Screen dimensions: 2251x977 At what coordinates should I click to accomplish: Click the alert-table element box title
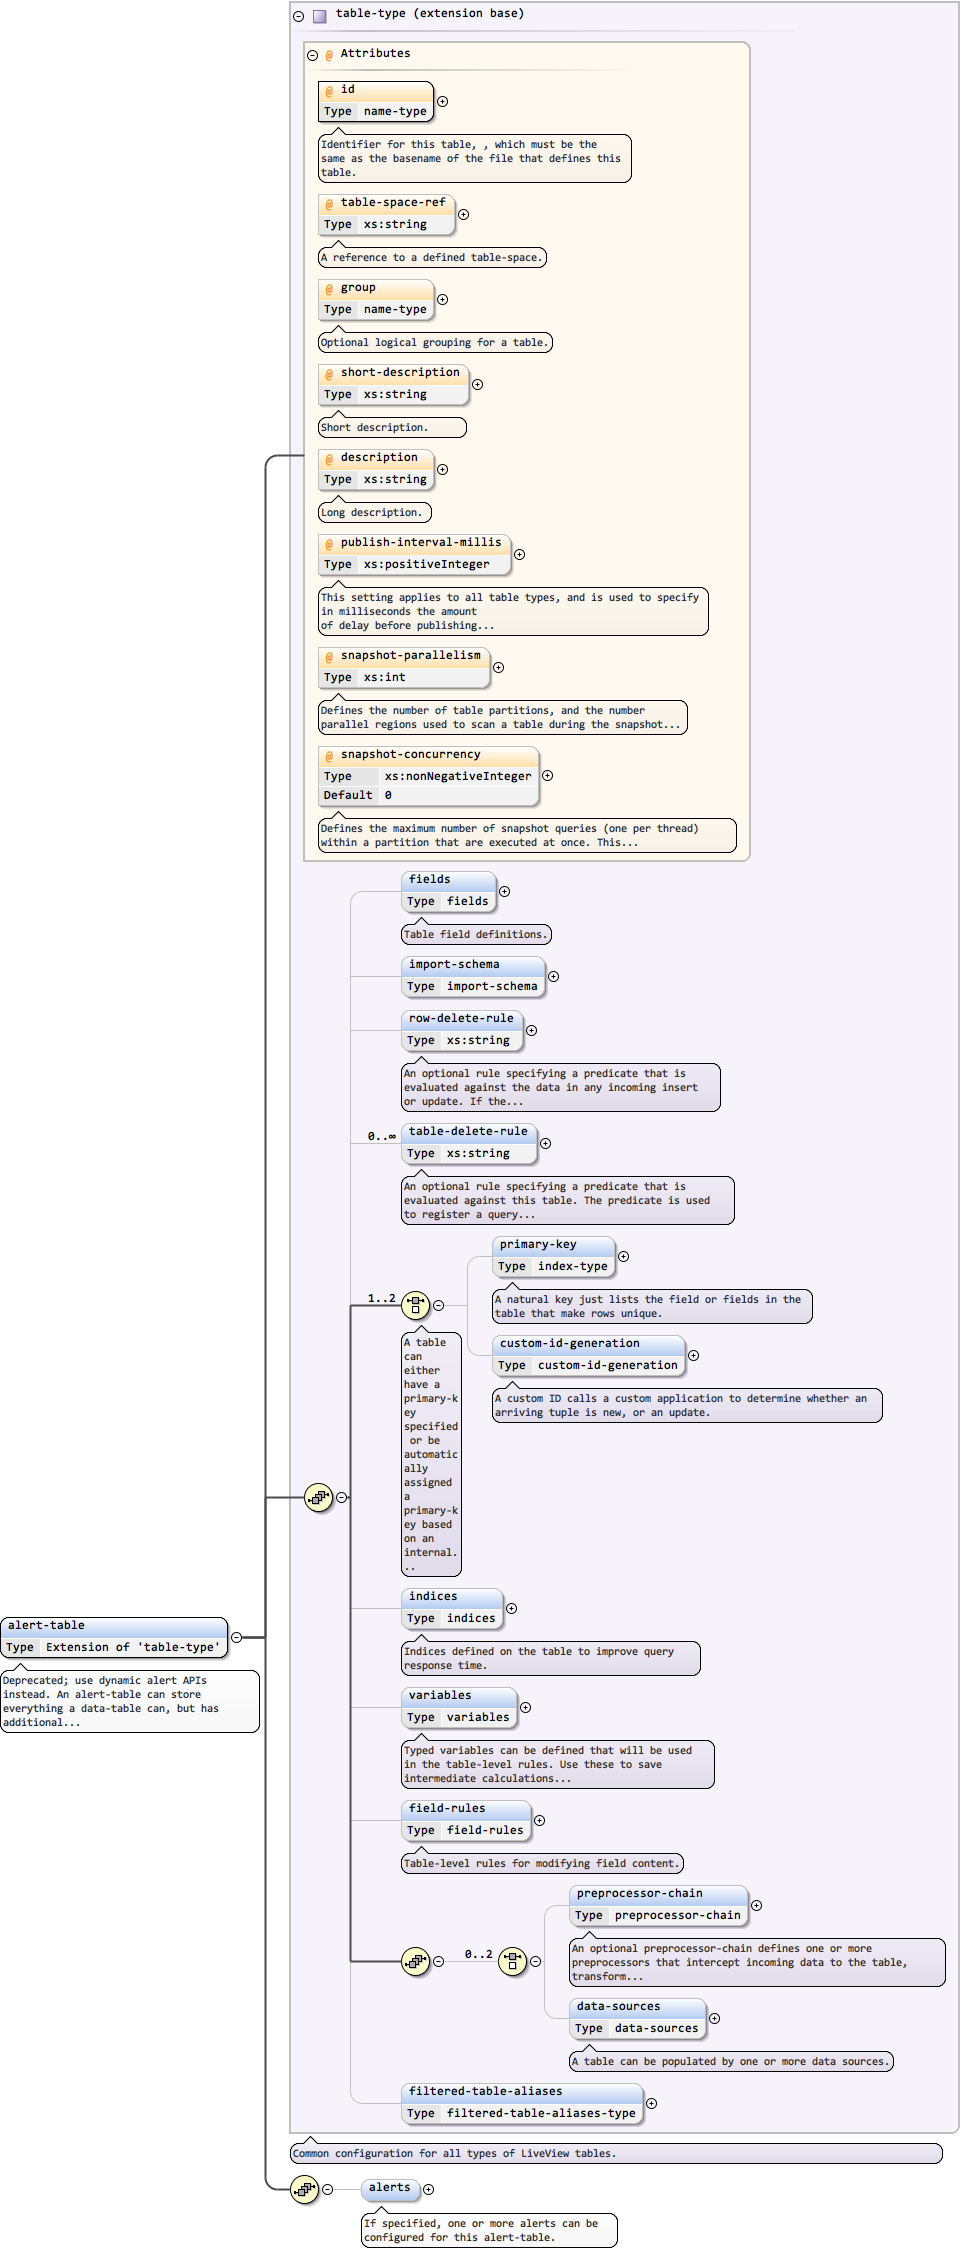coord(47,1625)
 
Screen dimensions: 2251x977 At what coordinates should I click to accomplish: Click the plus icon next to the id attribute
coord(442,101)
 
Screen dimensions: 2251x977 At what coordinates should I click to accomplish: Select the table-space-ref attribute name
coord(392,202)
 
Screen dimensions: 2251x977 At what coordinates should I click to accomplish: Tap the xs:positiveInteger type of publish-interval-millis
coord(426,564)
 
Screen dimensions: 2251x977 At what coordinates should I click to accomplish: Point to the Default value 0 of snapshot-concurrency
coord(388,795)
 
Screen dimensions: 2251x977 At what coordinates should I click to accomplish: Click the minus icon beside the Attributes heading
coord(313,55)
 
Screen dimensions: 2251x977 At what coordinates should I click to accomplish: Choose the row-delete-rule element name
coord(460,1018)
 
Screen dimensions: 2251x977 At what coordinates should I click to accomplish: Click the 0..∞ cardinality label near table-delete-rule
coord(381,1136)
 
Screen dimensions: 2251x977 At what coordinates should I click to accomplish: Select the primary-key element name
coord(537,1244)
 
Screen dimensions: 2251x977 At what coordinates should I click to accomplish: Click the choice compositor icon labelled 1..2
coord(415,1304)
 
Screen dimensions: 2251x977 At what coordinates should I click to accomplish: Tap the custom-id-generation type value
coord(607,1365)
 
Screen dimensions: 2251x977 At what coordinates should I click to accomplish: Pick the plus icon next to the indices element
coord(511,1608)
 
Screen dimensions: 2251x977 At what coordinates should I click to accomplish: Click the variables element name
coord(439,1695)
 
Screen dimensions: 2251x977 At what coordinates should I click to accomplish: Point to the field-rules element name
coord(446,1808)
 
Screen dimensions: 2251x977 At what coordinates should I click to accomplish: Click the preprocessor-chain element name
coord(639,1893)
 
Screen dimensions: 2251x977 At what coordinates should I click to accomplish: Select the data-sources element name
coord(618,2006)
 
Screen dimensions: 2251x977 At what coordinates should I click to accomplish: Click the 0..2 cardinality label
coord(478,1953)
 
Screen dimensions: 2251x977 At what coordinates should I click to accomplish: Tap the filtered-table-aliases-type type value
coord(540,2113)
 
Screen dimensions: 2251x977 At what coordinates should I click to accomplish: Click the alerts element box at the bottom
coord(389,2187)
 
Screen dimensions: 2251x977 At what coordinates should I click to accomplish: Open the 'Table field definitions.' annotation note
coord(476,934)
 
